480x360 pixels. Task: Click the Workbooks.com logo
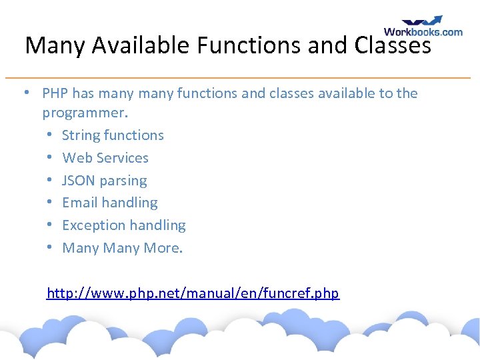point(423,27)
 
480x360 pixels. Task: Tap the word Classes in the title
point(393,45)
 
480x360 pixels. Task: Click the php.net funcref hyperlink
point(193,293)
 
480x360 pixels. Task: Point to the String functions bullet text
point(113,135)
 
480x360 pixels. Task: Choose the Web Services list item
point(105,158)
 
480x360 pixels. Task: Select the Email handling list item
point(110,203)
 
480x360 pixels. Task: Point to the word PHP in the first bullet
point(55,93)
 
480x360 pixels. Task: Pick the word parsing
point(123,181)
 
